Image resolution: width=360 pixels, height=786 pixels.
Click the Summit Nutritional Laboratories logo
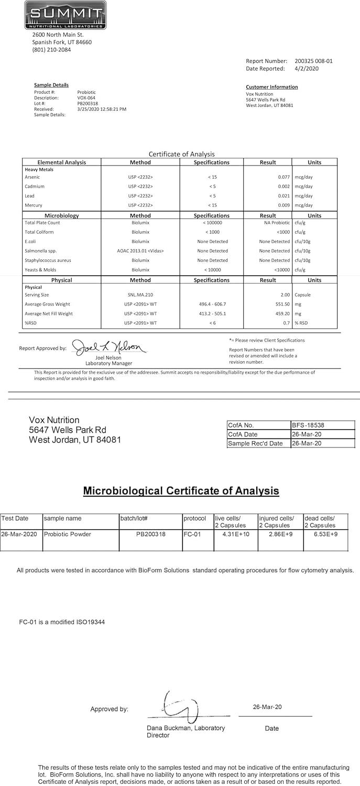(x=65, y=15)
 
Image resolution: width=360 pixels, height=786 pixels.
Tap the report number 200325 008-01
(x=313, y=61)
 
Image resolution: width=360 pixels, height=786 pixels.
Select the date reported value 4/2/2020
(x=307, y=68)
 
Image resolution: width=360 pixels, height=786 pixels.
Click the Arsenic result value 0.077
(x=284, y=177)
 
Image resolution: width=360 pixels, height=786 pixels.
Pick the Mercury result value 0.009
(x=284, y=205)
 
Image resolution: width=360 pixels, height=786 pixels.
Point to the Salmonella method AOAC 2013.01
(x=140, y=251)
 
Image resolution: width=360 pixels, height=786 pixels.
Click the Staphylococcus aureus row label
(x=48, y=260)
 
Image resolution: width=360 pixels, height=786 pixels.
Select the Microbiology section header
(x=61, y=215)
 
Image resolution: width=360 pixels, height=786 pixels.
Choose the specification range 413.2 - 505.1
(x=212, y=314)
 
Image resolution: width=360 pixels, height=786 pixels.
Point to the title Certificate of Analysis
(x=181, y=154)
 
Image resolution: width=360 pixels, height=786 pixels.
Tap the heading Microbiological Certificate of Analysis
(x=181, y=491)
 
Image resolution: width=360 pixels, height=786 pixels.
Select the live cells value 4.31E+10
(x=235, y=534)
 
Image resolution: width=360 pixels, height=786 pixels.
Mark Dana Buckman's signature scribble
(x=178, y=707)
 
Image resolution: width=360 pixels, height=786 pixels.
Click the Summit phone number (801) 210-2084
(x=51, y=50)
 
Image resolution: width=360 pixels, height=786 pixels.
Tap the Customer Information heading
(x=271, y=87)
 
